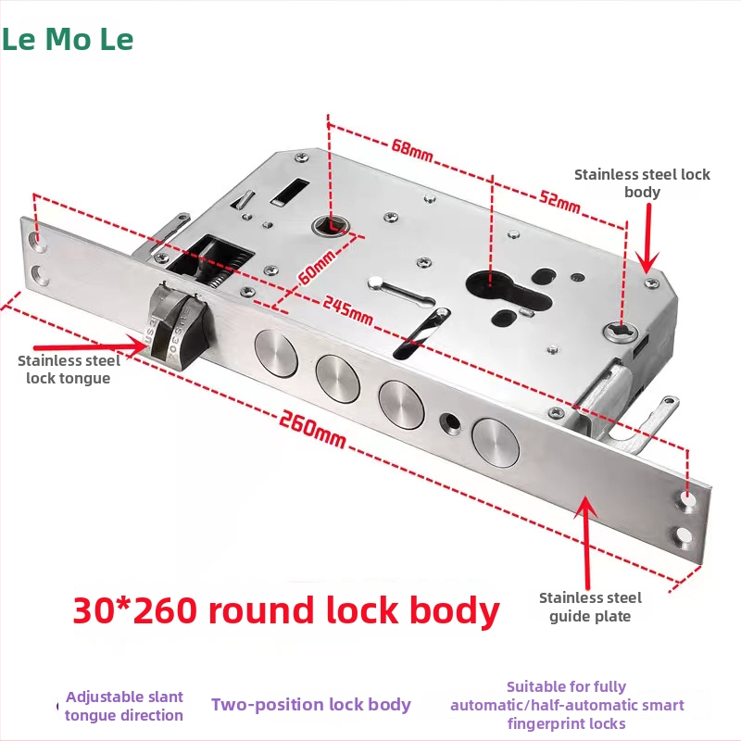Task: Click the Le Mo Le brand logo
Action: pyautogui.click(x=67, y=40)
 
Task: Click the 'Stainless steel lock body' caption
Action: pyautogui.click(x=642, y=182)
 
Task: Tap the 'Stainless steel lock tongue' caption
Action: pyautogui.click(x=69, y=369)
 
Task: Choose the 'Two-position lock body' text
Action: pyautogui.click(x=311, y=704)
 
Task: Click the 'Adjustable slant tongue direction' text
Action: pyautogui.click(x=124, y=705)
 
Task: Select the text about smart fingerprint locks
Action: pyautogui.click(x=567, y=705)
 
